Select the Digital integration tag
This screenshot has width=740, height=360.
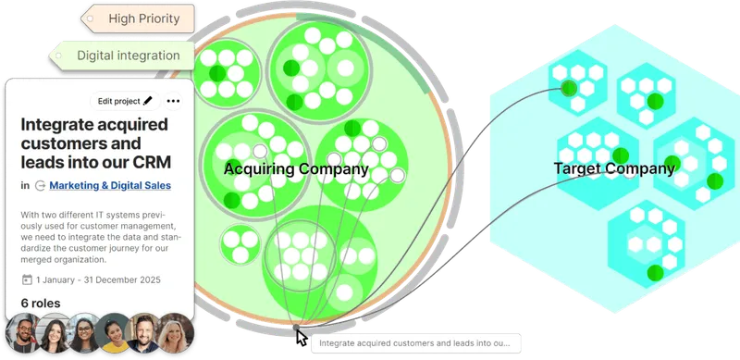point(128,56)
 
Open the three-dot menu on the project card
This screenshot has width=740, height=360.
point(173,101)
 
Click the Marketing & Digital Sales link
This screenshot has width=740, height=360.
point(109,185)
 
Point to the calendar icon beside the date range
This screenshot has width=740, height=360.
point(27,279)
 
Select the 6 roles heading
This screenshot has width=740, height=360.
point(42,303)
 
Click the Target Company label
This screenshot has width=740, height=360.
point(613,168)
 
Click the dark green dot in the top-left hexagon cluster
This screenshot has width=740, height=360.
point(567,89)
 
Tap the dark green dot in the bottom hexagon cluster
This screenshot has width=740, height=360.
point(655,272)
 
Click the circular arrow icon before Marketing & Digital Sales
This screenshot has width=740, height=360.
point(40,185)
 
